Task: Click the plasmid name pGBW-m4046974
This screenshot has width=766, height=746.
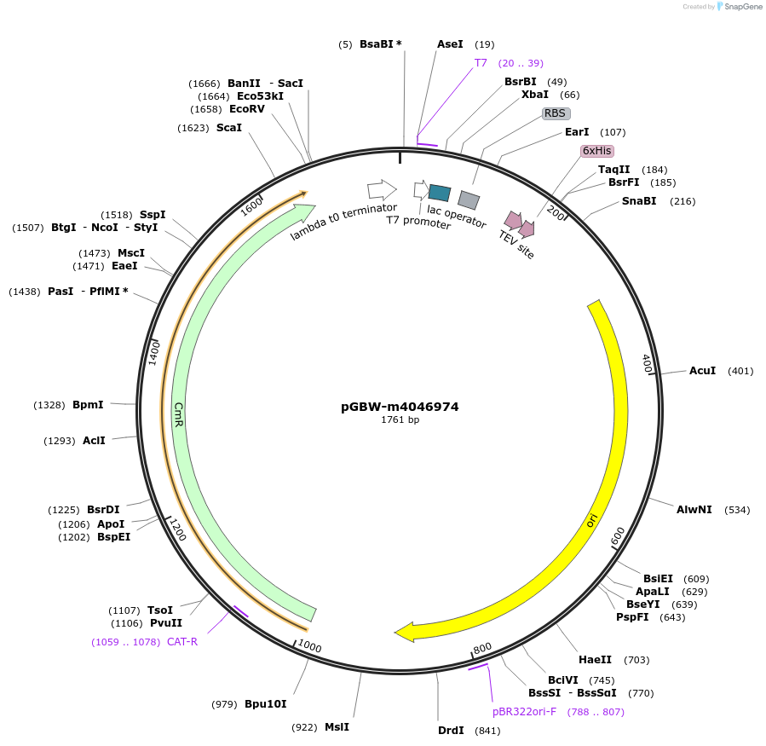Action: [400, 407]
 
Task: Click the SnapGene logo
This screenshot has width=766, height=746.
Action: [739, 7]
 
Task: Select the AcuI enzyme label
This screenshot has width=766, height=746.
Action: [702, 371]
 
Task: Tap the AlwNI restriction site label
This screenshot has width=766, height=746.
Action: [694, 510]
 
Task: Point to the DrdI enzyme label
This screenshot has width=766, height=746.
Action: [451, 731]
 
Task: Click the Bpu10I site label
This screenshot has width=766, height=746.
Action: [265, 704]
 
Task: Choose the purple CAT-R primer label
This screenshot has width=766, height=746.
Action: [182, 642]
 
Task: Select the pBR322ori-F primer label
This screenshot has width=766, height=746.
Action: [524, 712]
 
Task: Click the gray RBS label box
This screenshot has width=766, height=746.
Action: [556, 113]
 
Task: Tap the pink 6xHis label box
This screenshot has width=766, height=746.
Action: [596, 151]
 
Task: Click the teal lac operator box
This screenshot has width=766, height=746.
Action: [440, 193]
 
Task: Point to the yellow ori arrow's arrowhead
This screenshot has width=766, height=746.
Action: [404, 633]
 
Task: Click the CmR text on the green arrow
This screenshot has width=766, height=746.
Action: [179, 414]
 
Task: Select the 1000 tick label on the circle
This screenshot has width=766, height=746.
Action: [309, 647]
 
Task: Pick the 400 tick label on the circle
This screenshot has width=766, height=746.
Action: [647, 363]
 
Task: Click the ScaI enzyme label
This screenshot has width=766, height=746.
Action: [228, 128]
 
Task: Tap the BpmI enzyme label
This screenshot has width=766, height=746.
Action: [88, 405]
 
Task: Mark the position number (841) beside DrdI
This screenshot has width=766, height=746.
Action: [487, 731]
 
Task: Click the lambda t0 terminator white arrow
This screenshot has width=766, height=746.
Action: [382, 189]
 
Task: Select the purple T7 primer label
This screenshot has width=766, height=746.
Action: [481, 63]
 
